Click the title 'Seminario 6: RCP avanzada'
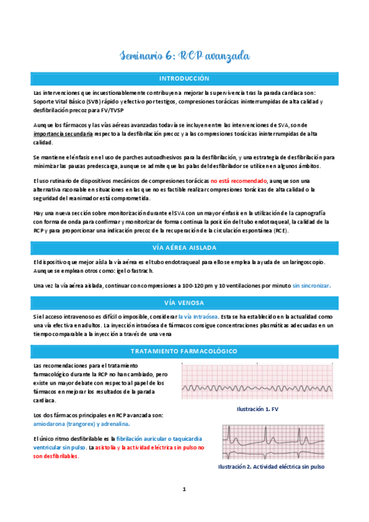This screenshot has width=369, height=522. [x=184, y=56]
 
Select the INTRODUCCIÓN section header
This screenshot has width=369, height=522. [x=184, y=79]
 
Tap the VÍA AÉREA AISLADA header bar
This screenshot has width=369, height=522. [x=184, y=248]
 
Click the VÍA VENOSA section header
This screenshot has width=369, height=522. [x=184, y=302]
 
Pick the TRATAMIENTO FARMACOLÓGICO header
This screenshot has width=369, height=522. [x=184, y=351]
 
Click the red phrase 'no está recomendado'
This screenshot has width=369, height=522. [x=238, y=181]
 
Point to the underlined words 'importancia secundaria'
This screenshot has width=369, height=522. [x=63, y=133]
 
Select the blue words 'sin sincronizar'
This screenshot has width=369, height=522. [x=312, y=286]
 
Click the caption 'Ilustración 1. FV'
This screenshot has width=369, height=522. [x=257, y=409]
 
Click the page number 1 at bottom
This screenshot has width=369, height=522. [x=184, y=490]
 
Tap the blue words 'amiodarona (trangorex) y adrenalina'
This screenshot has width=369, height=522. [x=82, y=424]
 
